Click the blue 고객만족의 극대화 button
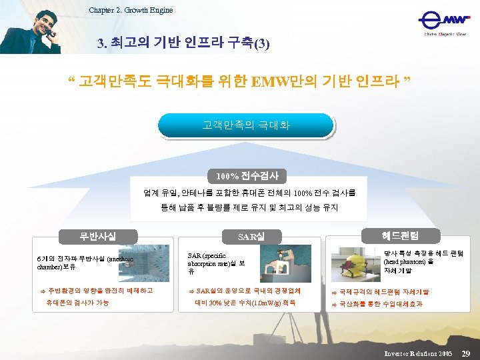pyautogui.click(x=246, y=125)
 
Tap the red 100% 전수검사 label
pyautogui.click(x=247, y=177)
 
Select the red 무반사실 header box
pyautogui.click(x=98, y=235)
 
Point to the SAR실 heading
pyautogui.click(x=251, y=237)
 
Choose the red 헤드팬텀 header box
pyautogui.click(x=400, y=235)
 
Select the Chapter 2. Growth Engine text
pyautogui.click(x=131, y=10)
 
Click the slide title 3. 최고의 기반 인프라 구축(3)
pyautogui.click(x=183, y=43)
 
